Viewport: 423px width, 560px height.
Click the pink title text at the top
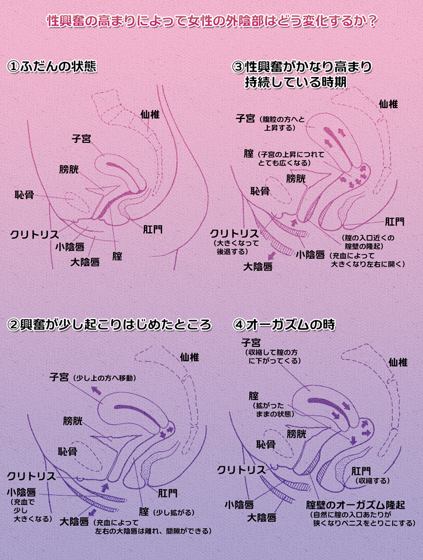click(211, 21)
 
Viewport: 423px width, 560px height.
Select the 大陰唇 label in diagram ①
click(85, 261)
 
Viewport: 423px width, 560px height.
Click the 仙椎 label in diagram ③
click(388, 104)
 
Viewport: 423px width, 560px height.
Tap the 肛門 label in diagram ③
click(394, 222)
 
